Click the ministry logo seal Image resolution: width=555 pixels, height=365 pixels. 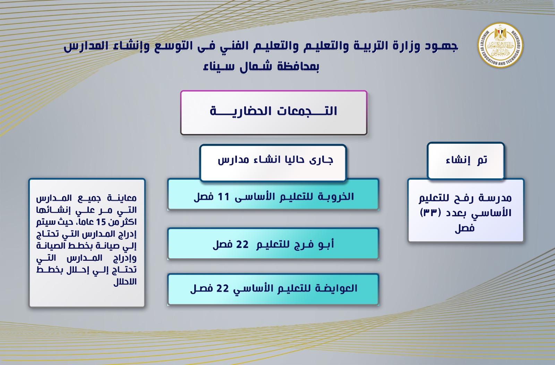(x=500, y=45)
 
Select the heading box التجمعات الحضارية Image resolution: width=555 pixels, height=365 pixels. (x=274, y=113)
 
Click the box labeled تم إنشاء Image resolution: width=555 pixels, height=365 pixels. (x=466, y=161)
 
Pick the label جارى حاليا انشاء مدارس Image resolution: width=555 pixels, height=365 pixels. (x=275, y=160)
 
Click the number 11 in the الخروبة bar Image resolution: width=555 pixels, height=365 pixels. (x=223, y=197)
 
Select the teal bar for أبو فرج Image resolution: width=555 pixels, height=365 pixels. (x=273, y=243)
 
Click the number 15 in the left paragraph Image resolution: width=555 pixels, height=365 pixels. (x=101, y=222)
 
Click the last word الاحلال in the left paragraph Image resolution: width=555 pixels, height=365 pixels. (x=125, y=282)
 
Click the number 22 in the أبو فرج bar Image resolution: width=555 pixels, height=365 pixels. (x=242, y=244)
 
